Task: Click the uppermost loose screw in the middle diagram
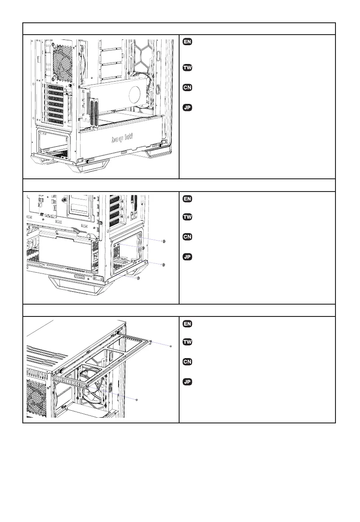tap(163, 241)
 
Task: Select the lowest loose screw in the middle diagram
tap(138, 278)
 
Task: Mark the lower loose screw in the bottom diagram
tap(137, 399)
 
